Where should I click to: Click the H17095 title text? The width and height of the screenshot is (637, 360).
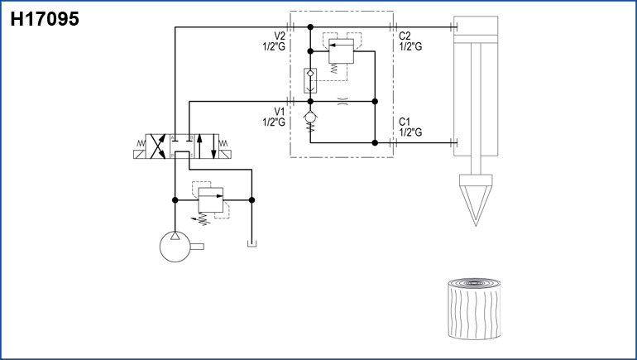pos(45,19)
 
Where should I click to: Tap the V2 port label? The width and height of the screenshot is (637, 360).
pos(280,36)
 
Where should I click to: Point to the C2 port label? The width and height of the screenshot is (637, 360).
pos(405,36)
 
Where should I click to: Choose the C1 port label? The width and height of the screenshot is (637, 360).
pos(405,122)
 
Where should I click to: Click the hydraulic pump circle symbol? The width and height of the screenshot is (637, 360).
pos(175,246)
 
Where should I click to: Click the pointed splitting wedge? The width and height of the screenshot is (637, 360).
pos(474,197)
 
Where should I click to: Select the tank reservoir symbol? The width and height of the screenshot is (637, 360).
pos(251,243)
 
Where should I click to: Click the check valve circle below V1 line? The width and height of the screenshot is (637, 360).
pos(309,118)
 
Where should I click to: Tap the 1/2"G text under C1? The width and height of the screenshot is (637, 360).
pos(411,132)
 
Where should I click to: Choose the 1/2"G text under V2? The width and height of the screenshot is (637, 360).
pos(274,46)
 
